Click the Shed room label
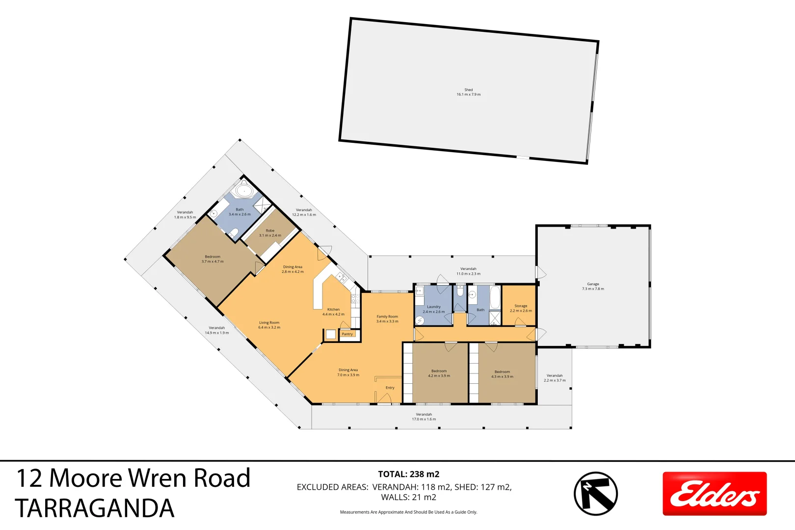pos(469,92)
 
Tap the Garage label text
pos(593,287)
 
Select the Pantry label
pos(347,334)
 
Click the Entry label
pos(390,388)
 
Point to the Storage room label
pos(521,308)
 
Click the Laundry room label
pos(434,309)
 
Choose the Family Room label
pos(387,319)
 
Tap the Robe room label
pos(270,233)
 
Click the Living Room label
pos(269,325)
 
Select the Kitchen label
pos(333,312)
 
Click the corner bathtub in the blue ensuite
pos(243,190)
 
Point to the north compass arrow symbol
pos(596,493)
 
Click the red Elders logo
pos(715,493)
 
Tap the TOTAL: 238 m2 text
pos(408,474)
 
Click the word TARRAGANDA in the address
pos(95,508)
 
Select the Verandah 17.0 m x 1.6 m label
pos(424,417)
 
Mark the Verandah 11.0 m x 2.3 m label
pos(468,271)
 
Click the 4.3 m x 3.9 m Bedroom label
pos(502,374)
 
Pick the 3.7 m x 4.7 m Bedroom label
pos(212,259)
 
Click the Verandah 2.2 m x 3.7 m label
pos(555,378)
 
